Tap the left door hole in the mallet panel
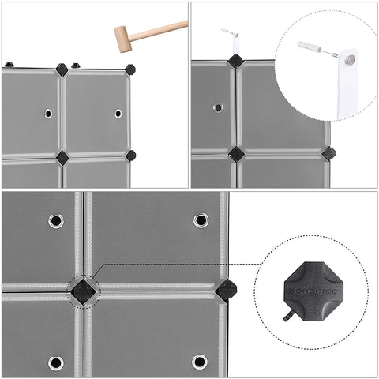tap(48, 114)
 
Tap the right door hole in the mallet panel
tap(118, 114)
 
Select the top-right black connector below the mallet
tap(129, 69)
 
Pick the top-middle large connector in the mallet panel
tap(62, 70)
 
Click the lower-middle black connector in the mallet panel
tap(62, 156)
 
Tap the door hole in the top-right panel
tap(218, 106)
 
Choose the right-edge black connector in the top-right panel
tap(328, 152)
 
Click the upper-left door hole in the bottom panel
tap(56, 220)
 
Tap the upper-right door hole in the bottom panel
tap(201, 220)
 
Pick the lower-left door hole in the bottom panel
tap(56, 362)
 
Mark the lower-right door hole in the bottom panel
tap(201, 362)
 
